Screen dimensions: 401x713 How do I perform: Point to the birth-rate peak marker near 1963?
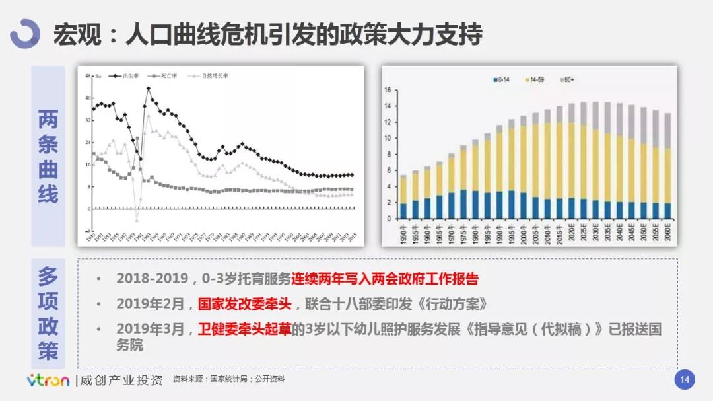pyautogui.click(x=149, y=89)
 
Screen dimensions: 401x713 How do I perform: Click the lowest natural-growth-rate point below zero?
pyautogui.click(x=137, y=220)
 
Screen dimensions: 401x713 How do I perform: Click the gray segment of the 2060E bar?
pyautogui.click(x=667, y=131)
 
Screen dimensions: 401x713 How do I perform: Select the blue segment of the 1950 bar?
pyautogui.click(x=403, y=211)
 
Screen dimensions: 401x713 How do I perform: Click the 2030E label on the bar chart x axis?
pyautogui.click(x=595, y=233)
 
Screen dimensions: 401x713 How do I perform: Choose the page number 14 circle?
pyautogui.click(x=684, y=379)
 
